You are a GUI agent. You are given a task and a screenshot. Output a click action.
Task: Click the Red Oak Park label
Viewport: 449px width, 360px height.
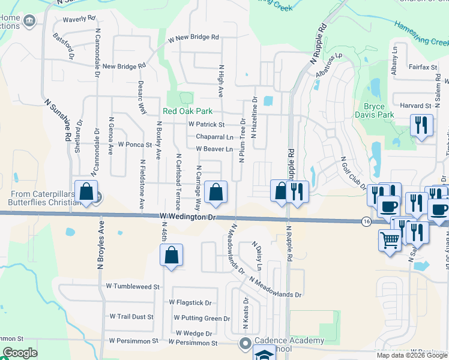point(187,111)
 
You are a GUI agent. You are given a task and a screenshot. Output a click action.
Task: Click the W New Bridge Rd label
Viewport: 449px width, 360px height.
point(193,37)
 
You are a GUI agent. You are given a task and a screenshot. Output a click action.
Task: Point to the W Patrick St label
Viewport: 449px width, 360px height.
point(206,125)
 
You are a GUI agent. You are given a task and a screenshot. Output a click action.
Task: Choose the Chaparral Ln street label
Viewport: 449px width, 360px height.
point(214,137)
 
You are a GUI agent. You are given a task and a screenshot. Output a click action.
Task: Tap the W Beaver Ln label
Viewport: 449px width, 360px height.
point(214,149)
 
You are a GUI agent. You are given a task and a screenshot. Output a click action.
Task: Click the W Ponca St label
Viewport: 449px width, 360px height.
point(134,145)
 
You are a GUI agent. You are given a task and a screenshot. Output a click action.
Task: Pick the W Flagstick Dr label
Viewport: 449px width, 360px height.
point(190,302)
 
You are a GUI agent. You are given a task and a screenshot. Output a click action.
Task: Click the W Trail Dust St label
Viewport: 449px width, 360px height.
point(131,316)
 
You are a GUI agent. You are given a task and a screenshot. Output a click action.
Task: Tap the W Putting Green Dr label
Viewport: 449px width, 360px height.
point(202,318)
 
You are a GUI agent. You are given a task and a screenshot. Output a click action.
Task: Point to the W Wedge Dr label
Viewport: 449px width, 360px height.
point(194,333)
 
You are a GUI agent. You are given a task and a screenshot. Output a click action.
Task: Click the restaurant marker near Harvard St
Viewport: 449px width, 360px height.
point(421,125)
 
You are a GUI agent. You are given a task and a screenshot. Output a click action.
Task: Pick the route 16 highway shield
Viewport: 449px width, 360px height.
point(366,221)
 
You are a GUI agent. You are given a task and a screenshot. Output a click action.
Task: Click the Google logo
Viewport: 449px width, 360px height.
point(20,353)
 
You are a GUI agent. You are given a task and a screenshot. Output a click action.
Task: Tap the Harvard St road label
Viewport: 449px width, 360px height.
point(416,106)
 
